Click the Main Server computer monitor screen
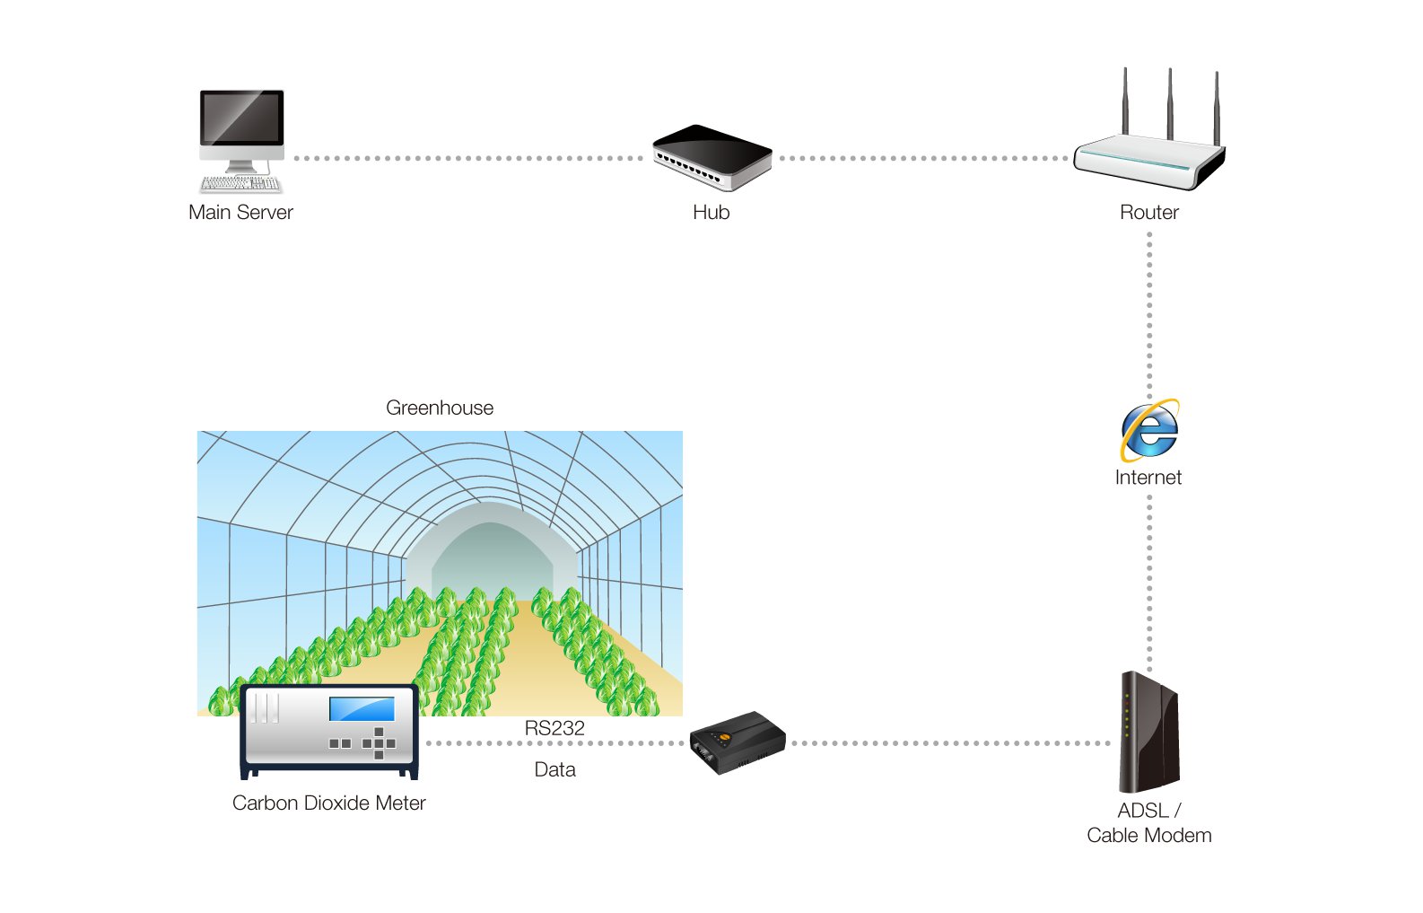(x=241, y=118)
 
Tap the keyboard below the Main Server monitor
(x=240, y=184)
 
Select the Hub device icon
(x=712, y=158)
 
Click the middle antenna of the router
(x=1170, y=103)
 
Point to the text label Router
(x=1148, y=213)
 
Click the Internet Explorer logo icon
(x=1149, y=430)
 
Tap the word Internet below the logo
(x=1148, y=478)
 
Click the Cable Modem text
(x=1148, y=836)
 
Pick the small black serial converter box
(x=737, y=742)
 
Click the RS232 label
(x=554, y=728)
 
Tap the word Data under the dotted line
(x=554, y=769)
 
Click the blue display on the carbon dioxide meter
(x=362, y=708)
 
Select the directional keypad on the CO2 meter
(x=379, y=743)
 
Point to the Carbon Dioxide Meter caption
(x=328, y=803)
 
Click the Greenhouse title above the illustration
(x=440, y=408)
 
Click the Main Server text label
(x=240, y=213)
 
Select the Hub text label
(x=711, y=213)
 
